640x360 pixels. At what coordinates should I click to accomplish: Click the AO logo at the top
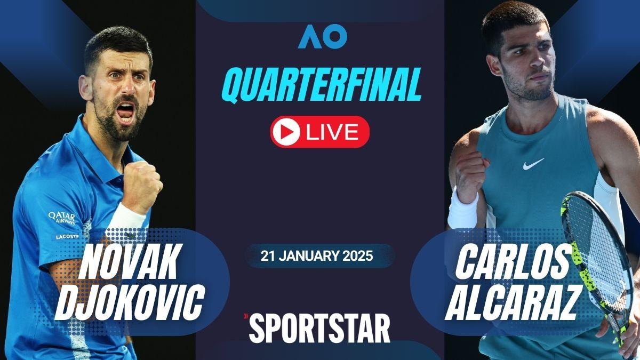(x=323, y=36)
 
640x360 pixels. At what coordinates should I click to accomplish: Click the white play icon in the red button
(x=285, y=132)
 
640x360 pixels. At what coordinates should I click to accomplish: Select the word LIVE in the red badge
(x=332, y=132)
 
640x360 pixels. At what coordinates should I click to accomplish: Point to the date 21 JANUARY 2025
(x=317, y=255)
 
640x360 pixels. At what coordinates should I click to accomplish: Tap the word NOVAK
(x=128, y=261)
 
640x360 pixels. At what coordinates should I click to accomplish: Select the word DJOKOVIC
(x=129, y=302)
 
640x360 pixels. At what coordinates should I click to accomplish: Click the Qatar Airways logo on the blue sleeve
(x=62, y=218)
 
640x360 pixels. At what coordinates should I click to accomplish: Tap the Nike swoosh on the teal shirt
(x=533, y=164)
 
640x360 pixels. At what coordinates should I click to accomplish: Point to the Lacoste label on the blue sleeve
(x=67, y=237)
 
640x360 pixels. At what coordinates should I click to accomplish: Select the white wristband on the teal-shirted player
(x=462, y=211)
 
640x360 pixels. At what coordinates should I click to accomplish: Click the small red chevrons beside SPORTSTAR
(x=245, y=316)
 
